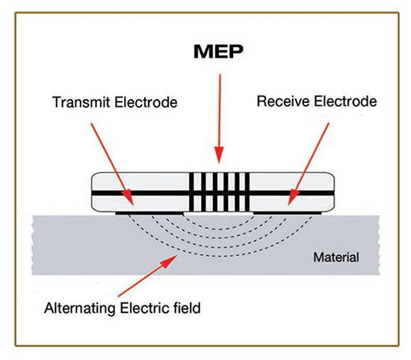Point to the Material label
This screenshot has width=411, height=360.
(x=336, y=258)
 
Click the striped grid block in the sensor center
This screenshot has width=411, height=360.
(x=218, y=191)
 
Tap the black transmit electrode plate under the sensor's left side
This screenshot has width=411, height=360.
(x=149, y=213)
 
